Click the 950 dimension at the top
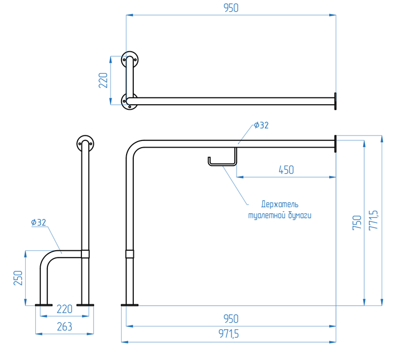[230, 8]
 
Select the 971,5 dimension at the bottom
[230, 334]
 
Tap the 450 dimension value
[286, 170]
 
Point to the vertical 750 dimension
[357, 222]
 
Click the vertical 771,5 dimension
[374, 220]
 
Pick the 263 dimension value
[64, 327]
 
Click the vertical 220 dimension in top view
[103, 81]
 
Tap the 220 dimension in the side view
[65, 308]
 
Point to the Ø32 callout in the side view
[38, 222]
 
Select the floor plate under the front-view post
[129, 305]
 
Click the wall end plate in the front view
[335, 144]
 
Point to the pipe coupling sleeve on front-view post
[129, 254]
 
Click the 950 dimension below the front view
[230, 319]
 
